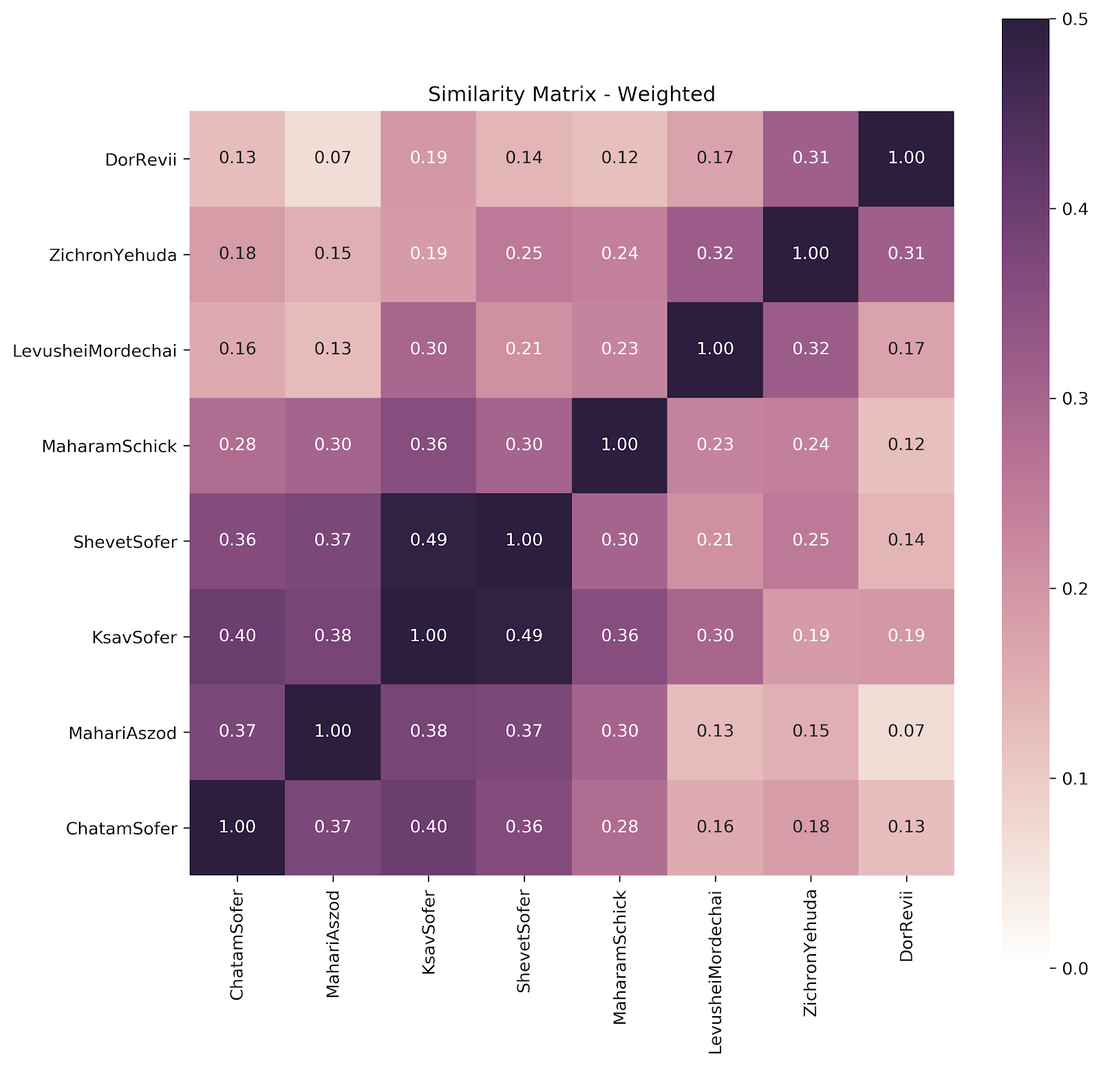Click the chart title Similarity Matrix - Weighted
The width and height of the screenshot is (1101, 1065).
(x=571, y=94)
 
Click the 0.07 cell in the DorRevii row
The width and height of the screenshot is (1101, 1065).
(x=333, y=158)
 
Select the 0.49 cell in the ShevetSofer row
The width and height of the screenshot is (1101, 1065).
(x=429, y=540)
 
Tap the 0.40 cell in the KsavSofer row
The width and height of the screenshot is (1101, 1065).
(x=237, y=636)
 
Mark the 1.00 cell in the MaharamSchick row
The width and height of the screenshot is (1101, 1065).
(x=619, y=444)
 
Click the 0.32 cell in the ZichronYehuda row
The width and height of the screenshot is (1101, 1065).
(x=715, y=253)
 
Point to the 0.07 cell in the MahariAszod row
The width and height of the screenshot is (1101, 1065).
(x=906, y=731)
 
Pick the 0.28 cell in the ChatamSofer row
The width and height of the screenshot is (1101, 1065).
(x=619, y=826)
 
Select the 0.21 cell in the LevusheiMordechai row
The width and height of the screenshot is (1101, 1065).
(x=524, y=349)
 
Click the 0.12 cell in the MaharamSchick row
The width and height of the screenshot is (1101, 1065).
(x=906, y=444)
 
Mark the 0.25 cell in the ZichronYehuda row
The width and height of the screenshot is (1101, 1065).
(x=524, y=253)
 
